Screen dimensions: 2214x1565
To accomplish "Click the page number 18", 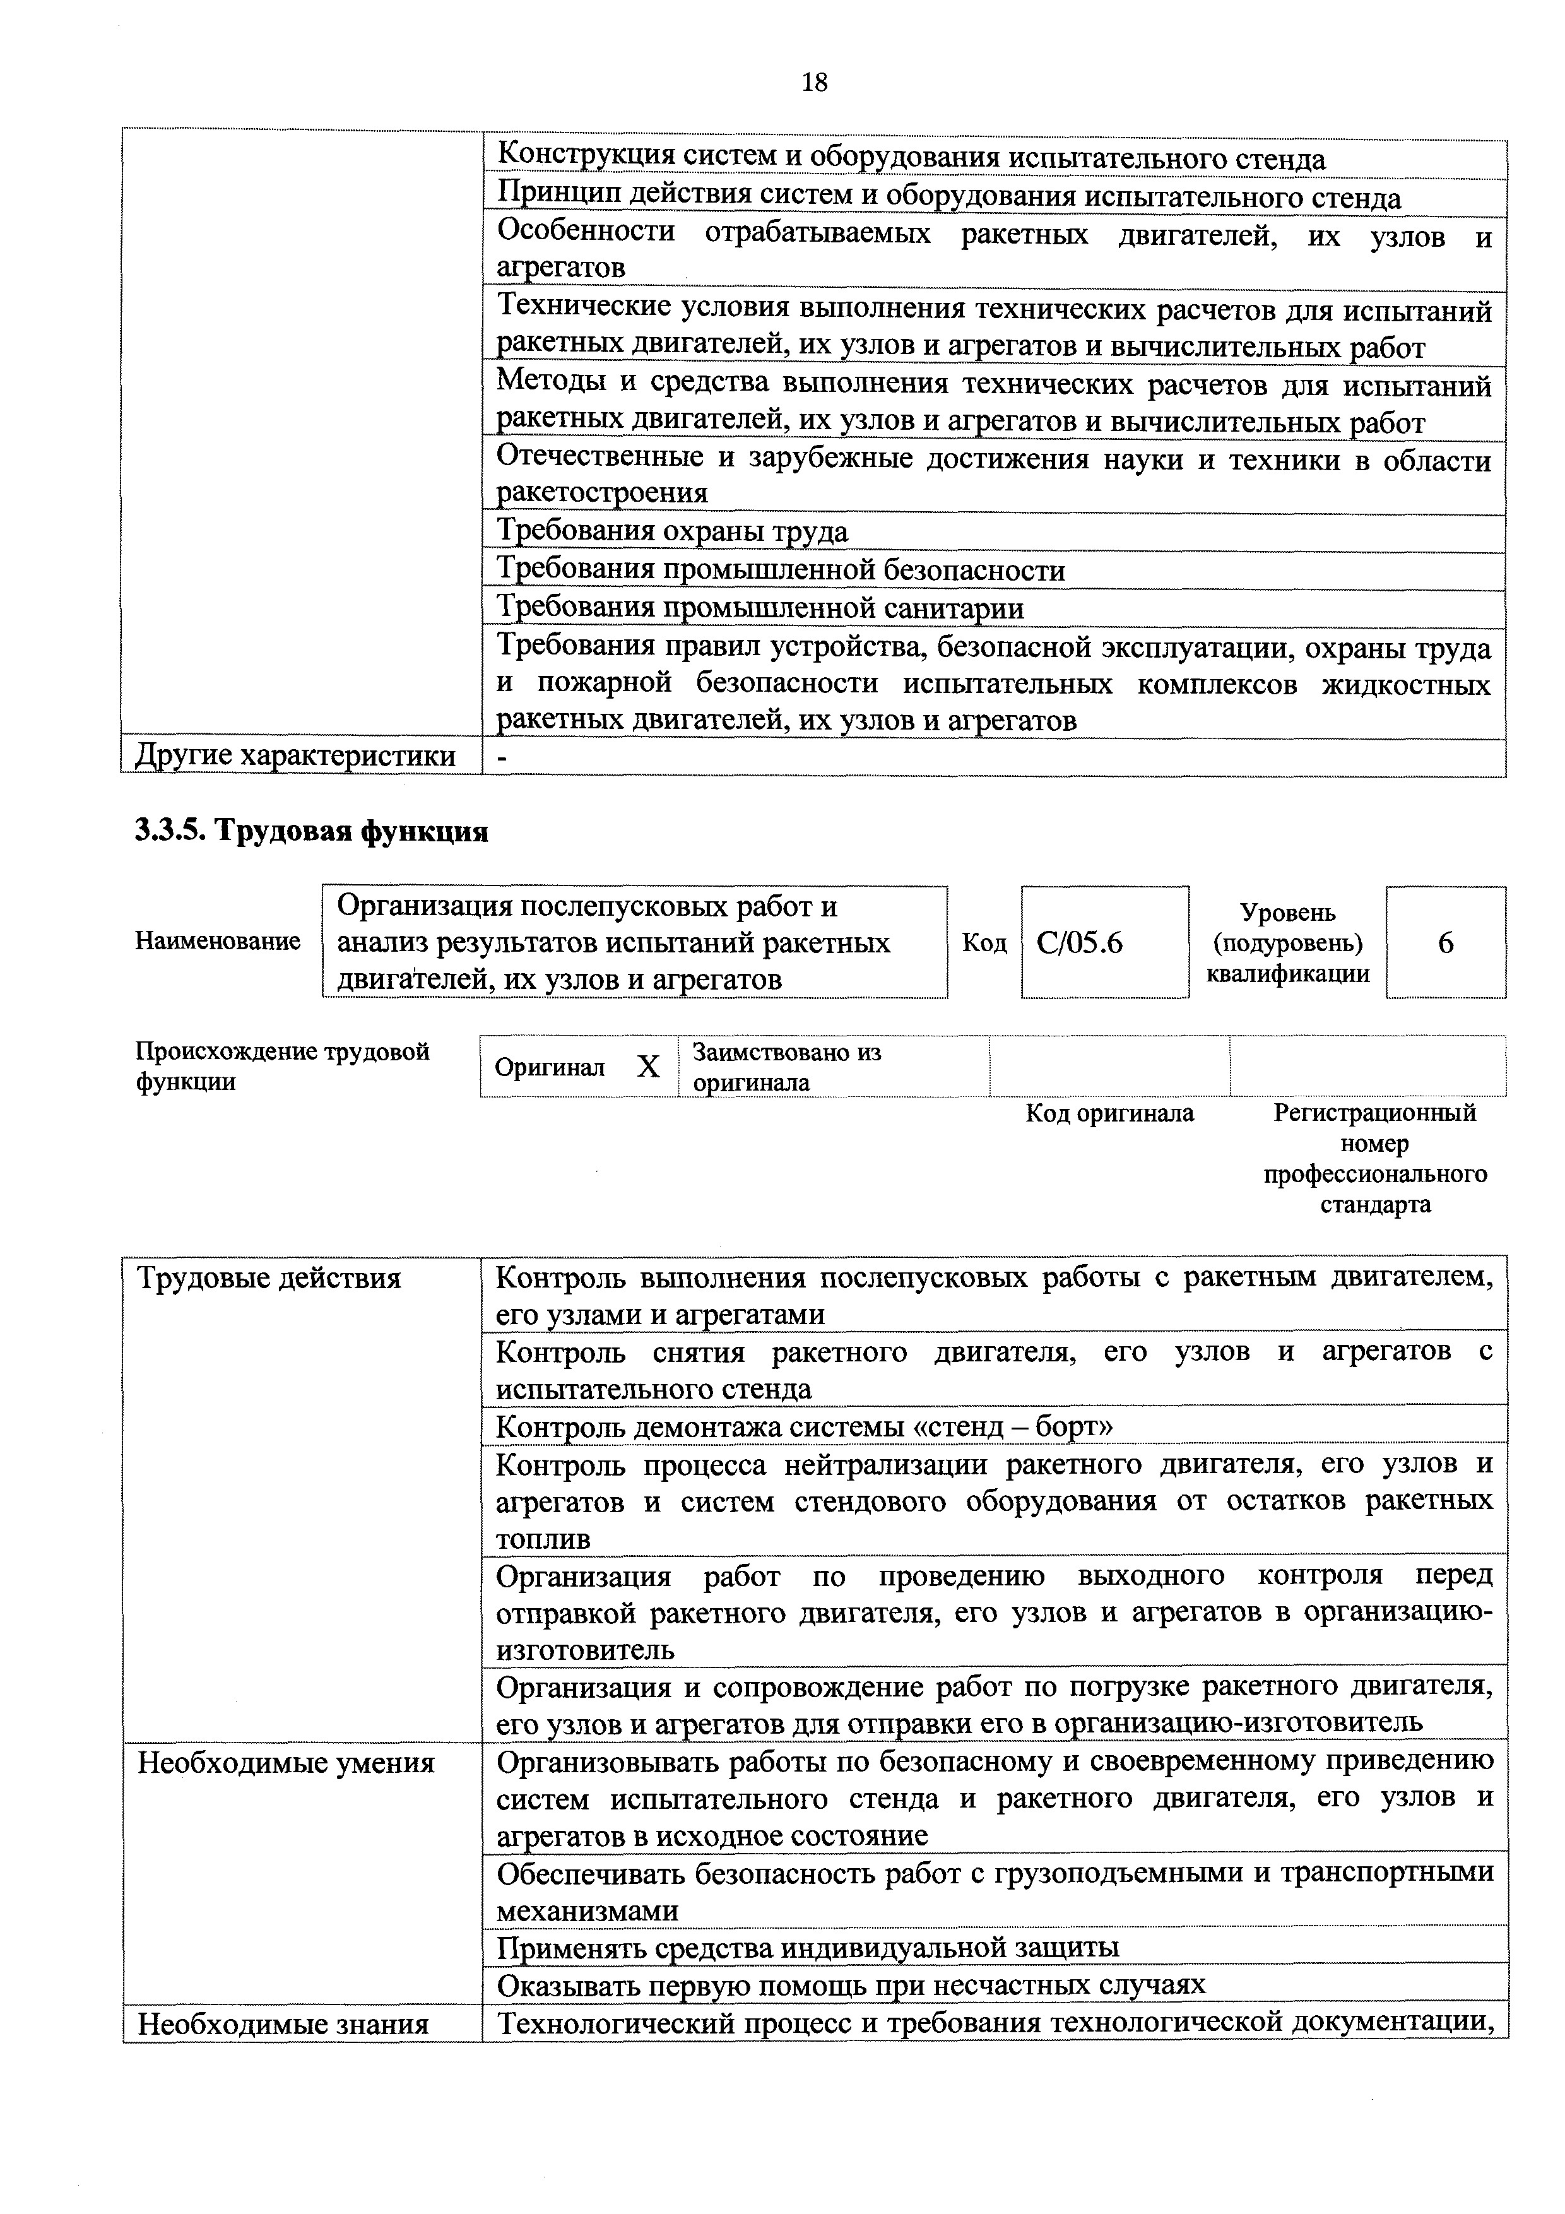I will pyautogui.click(x=814, y=83).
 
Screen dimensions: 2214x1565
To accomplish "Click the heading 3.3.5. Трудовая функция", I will pyautogui.click(x=312, y=831).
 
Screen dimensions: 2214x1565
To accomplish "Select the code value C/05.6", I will pyautogui.click(x=1080, y=942).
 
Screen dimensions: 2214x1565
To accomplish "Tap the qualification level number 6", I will pyautogui.click(x=1446, y=943).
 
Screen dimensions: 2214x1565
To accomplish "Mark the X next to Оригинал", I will pyautogui.click(x=649, y=1067).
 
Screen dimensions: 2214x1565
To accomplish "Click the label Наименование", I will pyautogui.click(x=218, y=941).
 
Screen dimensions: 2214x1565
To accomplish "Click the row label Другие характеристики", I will pyautogui.click(x=296, y=756).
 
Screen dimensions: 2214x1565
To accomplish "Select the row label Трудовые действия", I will pyautogui.click(x=269, y=1279).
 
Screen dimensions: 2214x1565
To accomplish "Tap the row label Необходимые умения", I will pyautogui.click(x=286, y=1763).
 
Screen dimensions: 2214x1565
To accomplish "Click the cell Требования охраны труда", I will pyautogui.click(x=672, y=531).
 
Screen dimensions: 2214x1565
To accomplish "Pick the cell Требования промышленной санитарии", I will pyautogui.click(x=760, y=608).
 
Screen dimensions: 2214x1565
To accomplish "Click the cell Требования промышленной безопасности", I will pyautogui.click(x=781, y=570).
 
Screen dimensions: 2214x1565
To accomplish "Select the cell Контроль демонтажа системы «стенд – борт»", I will pyautogui.click(x=804, y=1425).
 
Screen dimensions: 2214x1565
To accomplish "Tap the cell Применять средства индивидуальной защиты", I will pyautogui.click(x=808, y=1947).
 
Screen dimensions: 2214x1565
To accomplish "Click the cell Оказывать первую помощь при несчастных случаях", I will pyautogui.click(x=851, y=1984).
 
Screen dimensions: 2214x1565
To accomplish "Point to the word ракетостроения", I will pyautogui.click(x=601, y=493).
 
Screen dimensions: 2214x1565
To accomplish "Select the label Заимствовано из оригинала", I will pyautogui.click(x=787, y=1067).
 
